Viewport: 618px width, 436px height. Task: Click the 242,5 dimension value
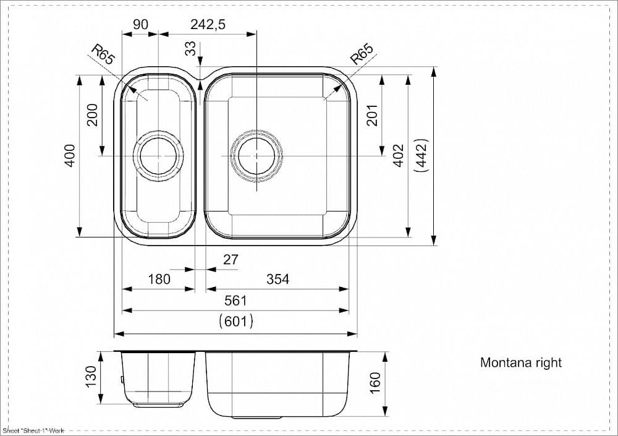click(x=208, y=25)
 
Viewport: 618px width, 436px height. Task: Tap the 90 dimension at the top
click(x=140, y=25)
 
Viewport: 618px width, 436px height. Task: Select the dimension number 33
click(x=190, y=48)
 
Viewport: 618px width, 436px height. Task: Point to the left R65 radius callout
click(x=103, y=54)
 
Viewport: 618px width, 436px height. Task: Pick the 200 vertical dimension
click(x=92, y=115)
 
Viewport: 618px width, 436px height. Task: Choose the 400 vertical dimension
click(x=70, y=156)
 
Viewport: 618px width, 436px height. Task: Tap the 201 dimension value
click(x=373, y=115)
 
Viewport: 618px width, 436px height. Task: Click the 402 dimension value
click(x=399, y=156)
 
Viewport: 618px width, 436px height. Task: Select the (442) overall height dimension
click(x=421, y=156)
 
